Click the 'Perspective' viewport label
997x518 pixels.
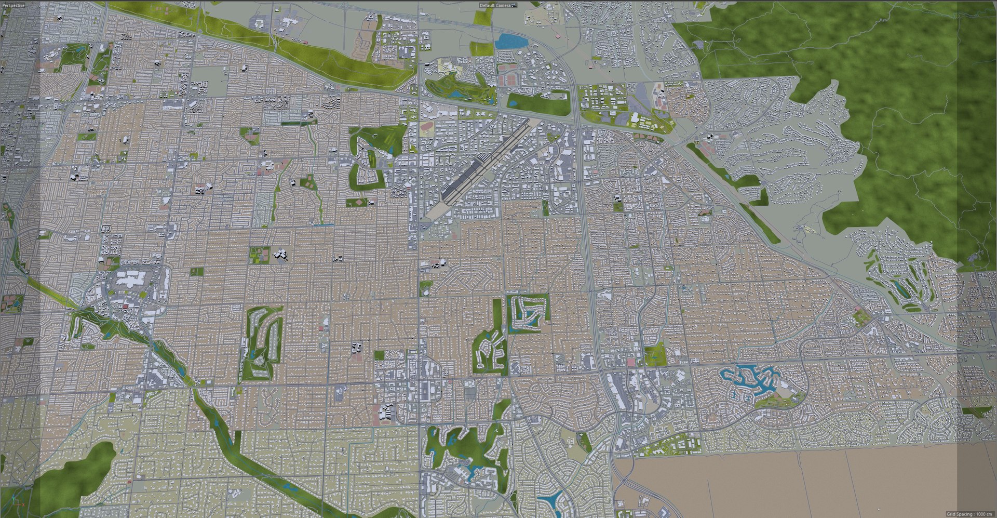pos(12,5)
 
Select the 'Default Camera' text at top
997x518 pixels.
pos(494,5)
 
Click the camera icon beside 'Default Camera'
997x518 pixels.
pos(514,5)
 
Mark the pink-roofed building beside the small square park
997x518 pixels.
pos(631,362)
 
